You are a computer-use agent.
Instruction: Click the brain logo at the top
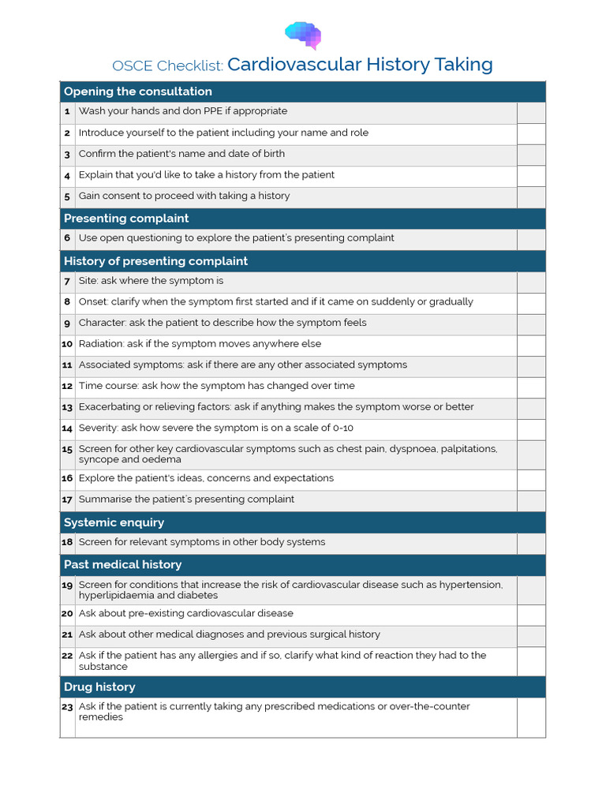[303, 35]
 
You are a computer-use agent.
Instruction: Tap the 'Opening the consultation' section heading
[138, 92]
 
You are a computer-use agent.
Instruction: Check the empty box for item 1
[531, 113]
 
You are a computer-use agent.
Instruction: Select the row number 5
[68, 196]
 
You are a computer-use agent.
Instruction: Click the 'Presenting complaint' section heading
[126, 219]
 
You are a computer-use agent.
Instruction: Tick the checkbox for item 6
[531, 239]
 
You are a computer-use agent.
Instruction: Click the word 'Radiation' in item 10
[100, 344]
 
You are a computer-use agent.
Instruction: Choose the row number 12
[67, 387]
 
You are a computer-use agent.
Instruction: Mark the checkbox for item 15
[531, 454]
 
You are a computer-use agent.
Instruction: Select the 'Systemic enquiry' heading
[114, 522]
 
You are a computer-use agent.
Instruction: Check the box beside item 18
[531, 544]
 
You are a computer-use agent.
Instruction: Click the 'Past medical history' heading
[122, 565]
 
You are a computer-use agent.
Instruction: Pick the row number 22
[67, 656]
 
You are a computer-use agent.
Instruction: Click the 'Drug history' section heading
[99, 687]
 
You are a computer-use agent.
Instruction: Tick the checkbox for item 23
[531, 717]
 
